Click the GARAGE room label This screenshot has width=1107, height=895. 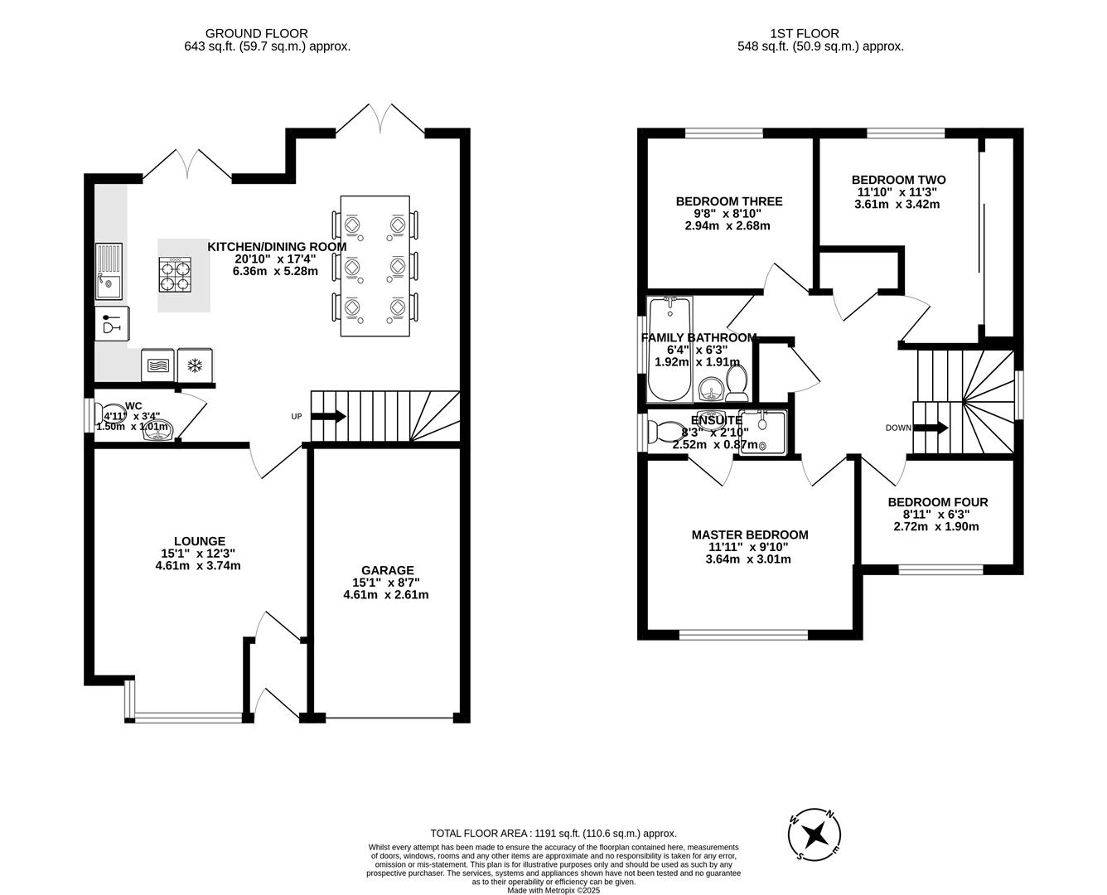387,570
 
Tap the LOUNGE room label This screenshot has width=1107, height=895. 199,541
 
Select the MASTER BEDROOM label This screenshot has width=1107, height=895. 749,535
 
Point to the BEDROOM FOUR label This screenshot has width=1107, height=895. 937,502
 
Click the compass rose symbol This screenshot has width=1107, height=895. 815,835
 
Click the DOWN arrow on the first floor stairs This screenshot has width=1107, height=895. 931,428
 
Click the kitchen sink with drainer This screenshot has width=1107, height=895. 109,271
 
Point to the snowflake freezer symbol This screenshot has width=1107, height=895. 196,365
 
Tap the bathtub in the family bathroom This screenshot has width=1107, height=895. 670,348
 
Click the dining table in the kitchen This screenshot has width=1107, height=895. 375,265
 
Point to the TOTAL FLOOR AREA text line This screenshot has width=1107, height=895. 553,834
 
